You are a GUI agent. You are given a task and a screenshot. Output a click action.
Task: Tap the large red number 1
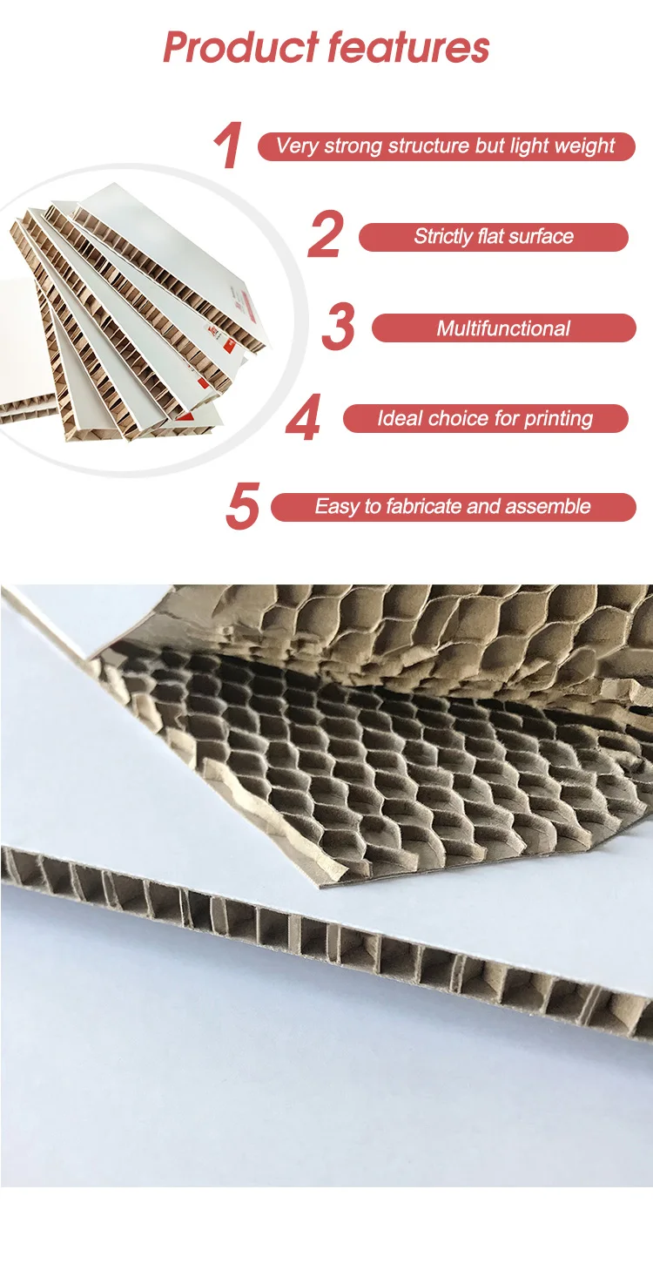pyautogui.click(x=227, y=146)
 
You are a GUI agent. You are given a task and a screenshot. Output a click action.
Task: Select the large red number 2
pyautogui.click(x=325, y=236)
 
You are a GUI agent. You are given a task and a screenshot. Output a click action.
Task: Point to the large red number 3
pyautogui.click(x=338, y=328)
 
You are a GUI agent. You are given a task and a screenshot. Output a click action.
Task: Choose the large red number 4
pyautogui.click(x=303, y=419)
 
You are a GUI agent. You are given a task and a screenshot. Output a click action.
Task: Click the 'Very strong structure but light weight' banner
pyautogui.click(x=445, y=145)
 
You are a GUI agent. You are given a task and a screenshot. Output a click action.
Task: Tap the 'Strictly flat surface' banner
pyautogui.click(x=493, y=236)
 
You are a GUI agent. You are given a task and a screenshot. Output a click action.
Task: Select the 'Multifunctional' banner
pyautogui.click(x=503, y=328)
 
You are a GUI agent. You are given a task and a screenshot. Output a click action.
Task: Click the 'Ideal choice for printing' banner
pyautogui.click(x=485, y=419)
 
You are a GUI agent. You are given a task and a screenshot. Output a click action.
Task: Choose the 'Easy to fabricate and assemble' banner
pyautogui.click(x=453, y=507)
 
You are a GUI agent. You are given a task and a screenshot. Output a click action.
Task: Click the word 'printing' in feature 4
pyautogui.click(x=558, y=419)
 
